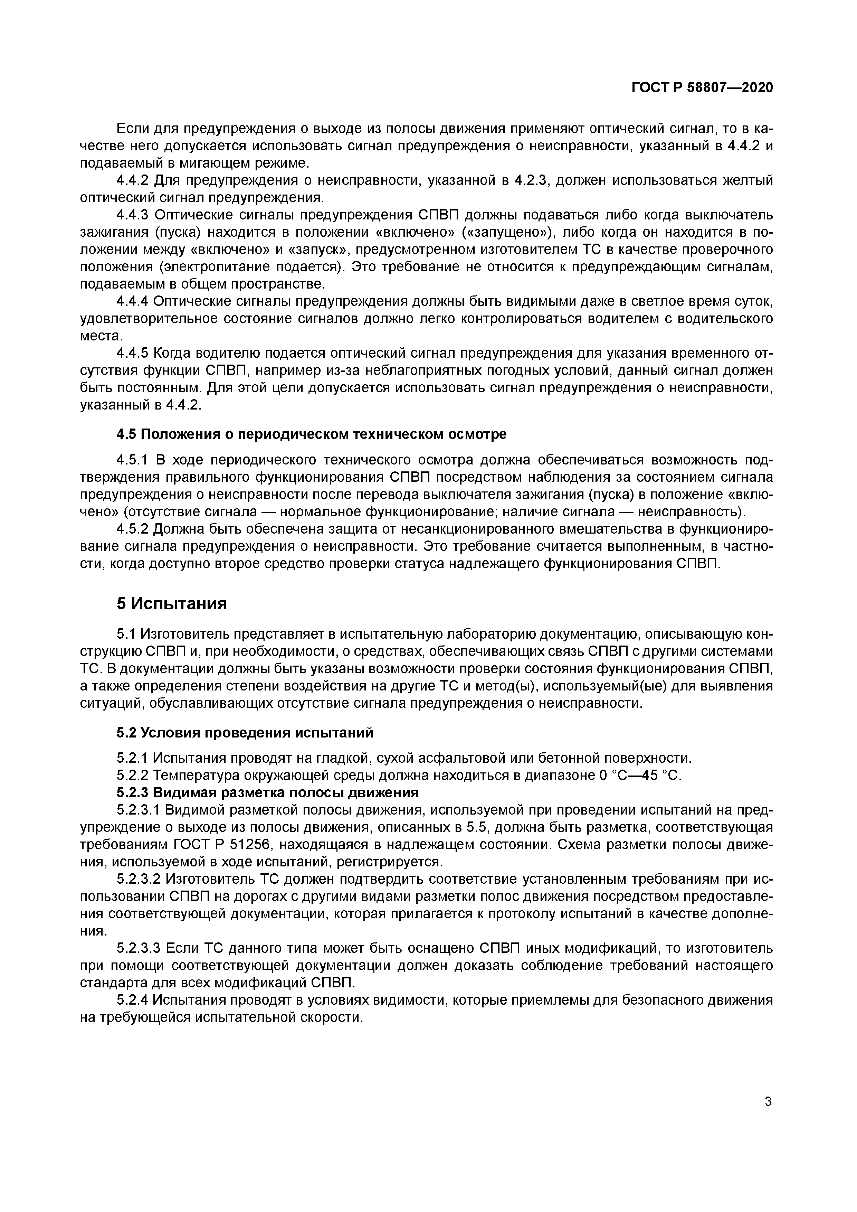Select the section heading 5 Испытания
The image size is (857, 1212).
[172, 603]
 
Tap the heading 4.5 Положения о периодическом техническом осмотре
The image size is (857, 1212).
[311, 434]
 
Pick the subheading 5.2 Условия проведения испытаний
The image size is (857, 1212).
[244, 733]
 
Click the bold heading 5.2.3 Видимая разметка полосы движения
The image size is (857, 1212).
[267, 793]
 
